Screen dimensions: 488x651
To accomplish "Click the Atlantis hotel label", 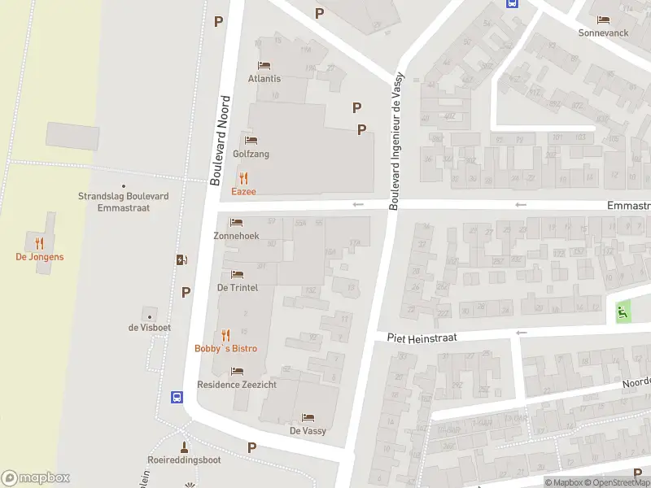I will (x=264, y=79).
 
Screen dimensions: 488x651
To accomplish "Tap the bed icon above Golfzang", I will (x=251, y=140).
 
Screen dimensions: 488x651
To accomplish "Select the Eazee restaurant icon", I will (x=242, y=178).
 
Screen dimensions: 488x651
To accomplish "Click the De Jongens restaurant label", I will (x=39, y=257).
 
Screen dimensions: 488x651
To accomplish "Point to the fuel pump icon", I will (x=181, y=259).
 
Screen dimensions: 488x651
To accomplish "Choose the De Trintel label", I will (x=237, y=288).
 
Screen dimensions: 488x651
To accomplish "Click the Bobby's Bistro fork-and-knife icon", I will (x=225, y=334).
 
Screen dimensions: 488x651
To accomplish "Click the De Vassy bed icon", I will (x=308, y=417).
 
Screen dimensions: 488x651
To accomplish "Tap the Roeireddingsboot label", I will (x=184, y=460).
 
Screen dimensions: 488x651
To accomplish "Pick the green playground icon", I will (x=623, y=310).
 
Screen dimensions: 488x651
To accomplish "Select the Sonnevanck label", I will (x=603, y=33).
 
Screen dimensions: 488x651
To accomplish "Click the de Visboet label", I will (x=149, y=328).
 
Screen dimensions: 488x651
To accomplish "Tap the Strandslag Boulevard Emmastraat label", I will (x=124, y=202).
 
